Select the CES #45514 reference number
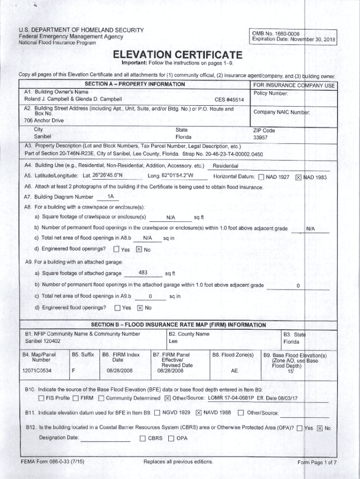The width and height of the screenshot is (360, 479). point(229,100)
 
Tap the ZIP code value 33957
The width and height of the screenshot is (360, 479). point(260,138)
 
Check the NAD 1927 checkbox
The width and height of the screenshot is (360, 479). point(261,177)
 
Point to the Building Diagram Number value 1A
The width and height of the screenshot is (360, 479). point(110,196)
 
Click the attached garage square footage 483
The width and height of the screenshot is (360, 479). point(143,273)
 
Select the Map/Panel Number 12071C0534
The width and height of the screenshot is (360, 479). point(37,370)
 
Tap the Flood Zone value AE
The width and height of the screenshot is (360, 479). point(234,370)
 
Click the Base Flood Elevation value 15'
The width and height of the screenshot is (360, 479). point(291,371)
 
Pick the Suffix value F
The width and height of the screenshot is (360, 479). point(73,370)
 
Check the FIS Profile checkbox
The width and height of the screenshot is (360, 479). point(41,399)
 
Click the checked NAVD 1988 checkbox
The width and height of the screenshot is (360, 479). point(198,413)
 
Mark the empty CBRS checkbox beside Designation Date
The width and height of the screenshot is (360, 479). point(143,439)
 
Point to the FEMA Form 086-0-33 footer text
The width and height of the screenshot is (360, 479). point(46,462)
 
